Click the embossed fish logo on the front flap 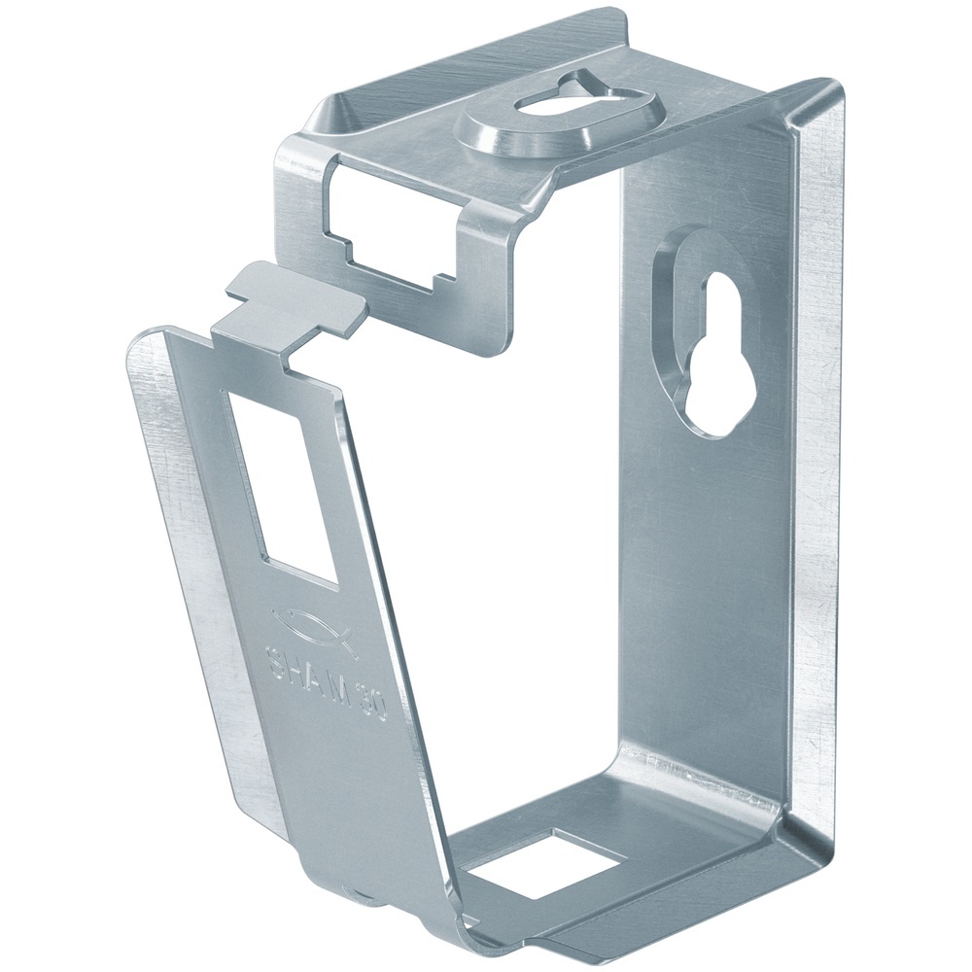309,624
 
